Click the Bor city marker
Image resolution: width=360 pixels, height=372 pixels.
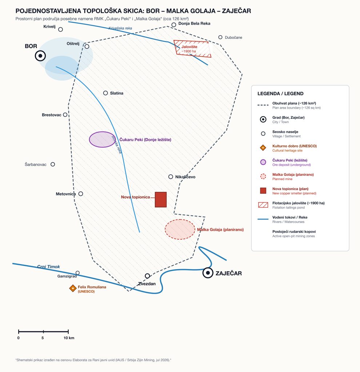pyautogui.click(x=40, y=56)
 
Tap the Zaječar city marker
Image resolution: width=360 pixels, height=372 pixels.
pyautogui.click(x=208, y=273)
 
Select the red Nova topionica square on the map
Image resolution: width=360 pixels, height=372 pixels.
pyautogui.click(x=161, y=199)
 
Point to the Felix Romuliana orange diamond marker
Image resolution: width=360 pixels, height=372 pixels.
pyautogui.click(x=73, y=288)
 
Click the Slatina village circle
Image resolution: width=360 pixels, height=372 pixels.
pyautogui.click(x=105, y=93)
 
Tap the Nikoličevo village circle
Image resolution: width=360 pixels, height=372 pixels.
pyautogui.click(x=171, y=177)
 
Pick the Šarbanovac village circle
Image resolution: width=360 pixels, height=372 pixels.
pyautogui.click(x=53, y=164)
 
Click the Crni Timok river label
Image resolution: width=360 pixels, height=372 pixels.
pyautogui.click(x=48, y=267)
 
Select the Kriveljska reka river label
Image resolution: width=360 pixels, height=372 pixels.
pyautogui.click(x=120, y=28)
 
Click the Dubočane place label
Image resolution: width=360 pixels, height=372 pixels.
pyautogui.click(x=233, y=37)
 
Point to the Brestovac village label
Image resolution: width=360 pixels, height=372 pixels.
pyautogui.click(x=52, y=115)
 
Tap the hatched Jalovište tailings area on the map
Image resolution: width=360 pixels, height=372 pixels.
pyautogui.click(x=192, y=49)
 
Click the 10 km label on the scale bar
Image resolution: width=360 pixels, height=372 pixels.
pyautogui.click(x=69, y=338)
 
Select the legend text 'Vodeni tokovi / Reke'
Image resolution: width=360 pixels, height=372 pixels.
pyautogui.click(x=290, y=217)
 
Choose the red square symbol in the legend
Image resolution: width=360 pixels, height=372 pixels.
pyautogui.click(x=263, y=190)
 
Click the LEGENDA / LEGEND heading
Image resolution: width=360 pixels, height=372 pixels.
pyautogui.click(x=280, y=93)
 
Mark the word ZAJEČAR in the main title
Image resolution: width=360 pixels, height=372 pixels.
pyautogui.click(x=236, y=11)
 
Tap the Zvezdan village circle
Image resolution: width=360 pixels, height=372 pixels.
pyautogui.click(x=147, y=276)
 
